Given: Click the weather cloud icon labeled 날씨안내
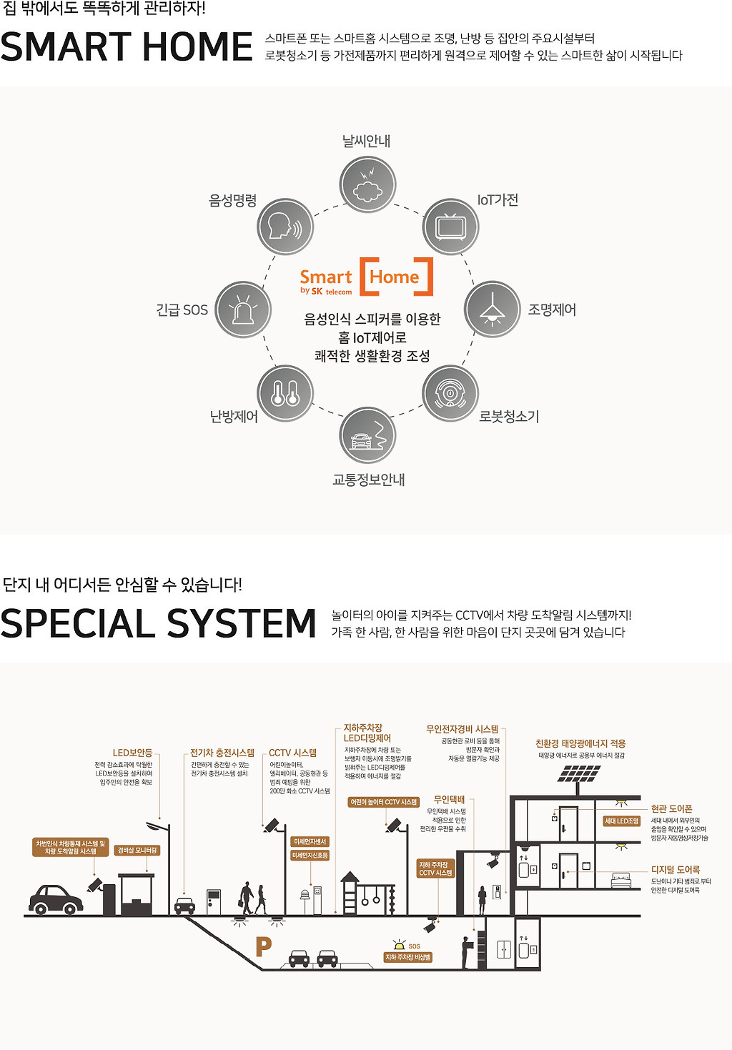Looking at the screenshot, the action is pyautogui.click(x=367, y=184).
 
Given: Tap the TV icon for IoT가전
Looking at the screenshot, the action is pyautogui.click(x=450, y=227).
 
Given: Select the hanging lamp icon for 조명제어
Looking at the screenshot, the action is pyautogui.click(x=492, y=309).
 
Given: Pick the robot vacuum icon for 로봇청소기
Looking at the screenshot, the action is pyautogui.click(x=450, y=393).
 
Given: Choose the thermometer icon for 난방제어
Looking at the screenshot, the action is pyautogui.click(x=285, y=393).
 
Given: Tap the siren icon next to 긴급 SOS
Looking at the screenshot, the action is pyautogui.click(x=243, y=309).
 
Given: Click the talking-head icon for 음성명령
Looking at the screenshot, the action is pyautogui.click(x=285, y=227).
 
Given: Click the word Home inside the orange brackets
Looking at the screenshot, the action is pyautogui.click(x=395, y=277).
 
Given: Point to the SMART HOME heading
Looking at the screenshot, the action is pyautogui.click(x=127, y=47).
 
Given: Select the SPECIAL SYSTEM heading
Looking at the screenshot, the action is pyautogui.click(x=158, y=623).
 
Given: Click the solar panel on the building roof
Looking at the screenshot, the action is pyautogui.click(x=579, y=773).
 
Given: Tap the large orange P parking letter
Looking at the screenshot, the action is pyautogui.click(x=264, y=947).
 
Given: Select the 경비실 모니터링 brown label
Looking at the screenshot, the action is pyautogui.click(x=137, y=851).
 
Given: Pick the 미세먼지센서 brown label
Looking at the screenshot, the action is pyautogui.click(x=310, y=842).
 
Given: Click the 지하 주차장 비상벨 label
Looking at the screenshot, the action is pyautogui.click(x=408, y=957).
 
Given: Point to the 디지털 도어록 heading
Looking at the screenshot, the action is pyautogui.click(x=675, y=870).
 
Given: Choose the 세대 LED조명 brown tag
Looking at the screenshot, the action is pyautogui.click(x=621, y=821).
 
